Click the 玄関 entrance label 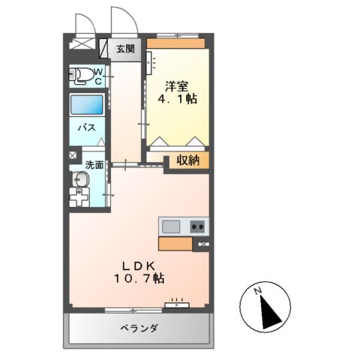point(125,49)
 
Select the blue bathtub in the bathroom point(86,105)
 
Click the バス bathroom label point(86,127)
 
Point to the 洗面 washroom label point(94,165)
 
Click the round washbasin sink point(79,179)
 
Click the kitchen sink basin point(171,226)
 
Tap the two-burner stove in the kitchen point(198,226)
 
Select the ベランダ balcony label point(139,328)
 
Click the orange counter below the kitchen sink point(175,243)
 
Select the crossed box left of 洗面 point(73,155)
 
